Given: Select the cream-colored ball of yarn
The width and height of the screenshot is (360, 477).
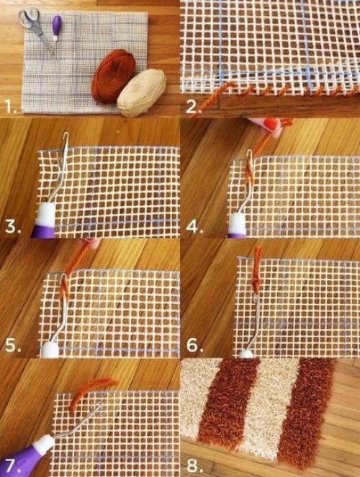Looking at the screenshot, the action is coord(142,92).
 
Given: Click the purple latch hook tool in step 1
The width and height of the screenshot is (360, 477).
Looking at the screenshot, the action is coord(56,28).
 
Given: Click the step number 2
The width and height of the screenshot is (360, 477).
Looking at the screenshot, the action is coord(192,107).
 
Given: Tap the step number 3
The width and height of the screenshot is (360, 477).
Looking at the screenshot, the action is coord(13,227).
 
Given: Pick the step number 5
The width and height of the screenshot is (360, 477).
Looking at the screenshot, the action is coord(13,346).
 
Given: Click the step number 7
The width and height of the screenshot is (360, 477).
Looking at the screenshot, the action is coord(13,465).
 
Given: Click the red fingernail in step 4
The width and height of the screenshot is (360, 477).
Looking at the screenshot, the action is coord(271,123).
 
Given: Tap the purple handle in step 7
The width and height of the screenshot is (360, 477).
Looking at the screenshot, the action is coord(22,460).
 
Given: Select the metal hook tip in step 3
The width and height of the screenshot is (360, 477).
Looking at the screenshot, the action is coord(66,136).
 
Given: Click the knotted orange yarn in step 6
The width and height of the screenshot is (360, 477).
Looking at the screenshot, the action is coord(257,271).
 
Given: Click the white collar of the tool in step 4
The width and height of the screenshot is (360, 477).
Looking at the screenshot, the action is coord(237,225).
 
